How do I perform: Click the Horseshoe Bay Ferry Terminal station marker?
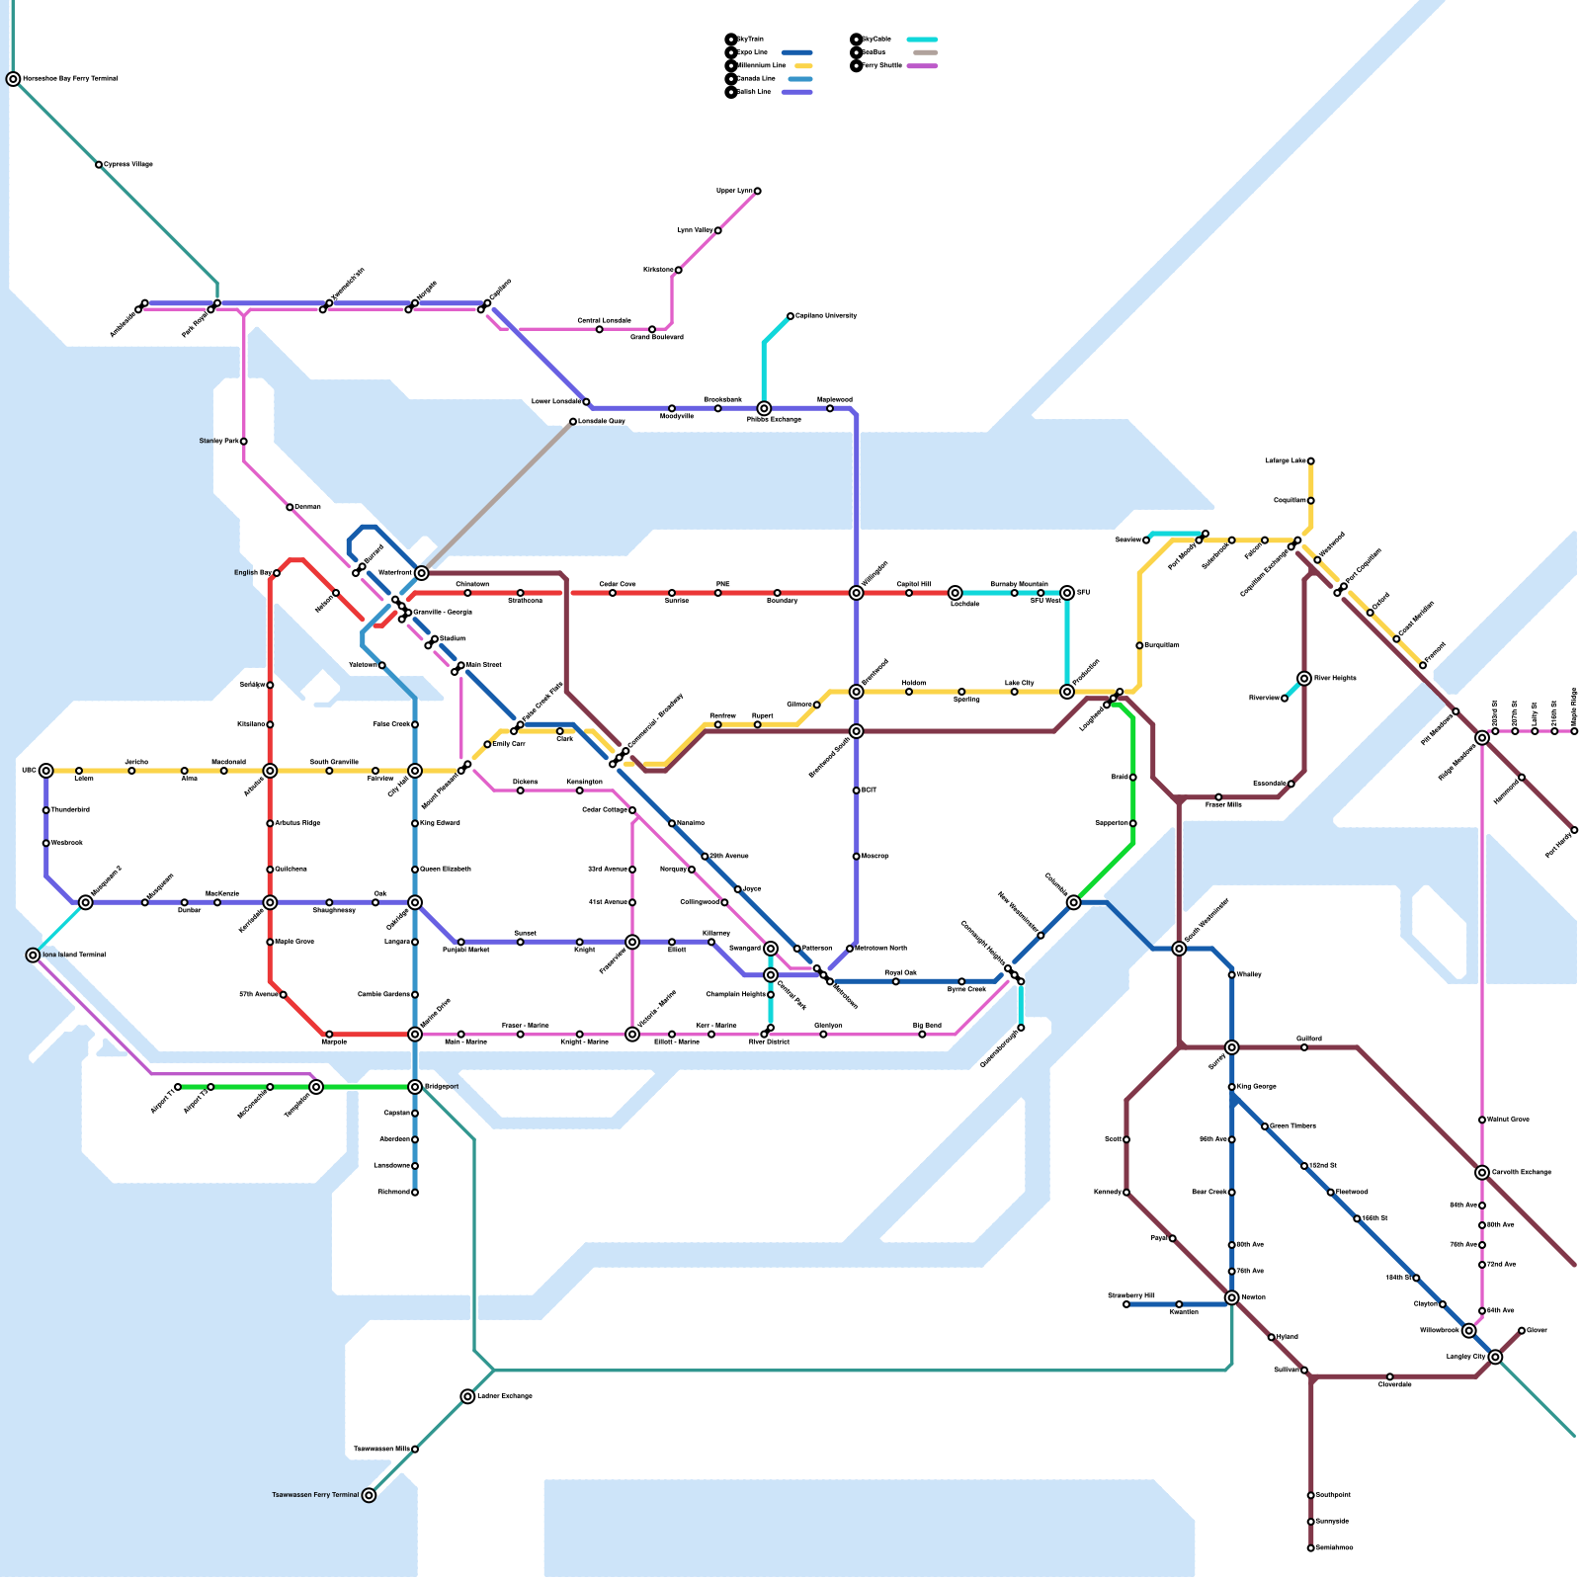tap(13, 79)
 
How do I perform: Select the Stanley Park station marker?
tap(244, 442)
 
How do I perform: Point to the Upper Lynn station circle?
tap(758, 191)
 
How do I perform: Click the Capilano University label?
tap(826, 316)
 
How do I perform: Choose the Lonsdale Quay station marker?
tap(573, 422)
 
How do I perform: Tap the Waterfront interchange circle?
tap(422, 573)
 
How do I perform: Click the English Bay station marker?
tap(277, 573)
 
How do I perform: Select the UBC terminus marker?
tap(46, 771)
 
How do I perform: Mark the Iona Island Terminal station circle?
tap(33, 956)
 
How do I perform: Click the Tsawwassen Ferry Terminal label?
tap(315, 1495)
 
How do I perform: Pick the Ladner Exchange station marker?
tap(467, 1396)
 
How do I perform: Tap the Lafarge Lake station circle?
tap(1311, 461)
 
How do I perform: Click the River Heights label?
tap(1336, 679)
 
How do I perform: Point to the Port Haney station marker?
tap(1574, 830)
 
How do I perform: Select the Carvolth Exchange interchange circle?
tap(1482, 1173)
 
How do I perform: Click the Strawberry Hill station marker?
tap(1126, 1304)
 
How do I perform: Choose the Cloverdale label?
tap(1395, 1385)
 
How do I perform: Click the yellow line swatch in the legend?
tap(802, 65)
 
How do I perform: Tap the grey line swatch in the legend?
tap(925, 52)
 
